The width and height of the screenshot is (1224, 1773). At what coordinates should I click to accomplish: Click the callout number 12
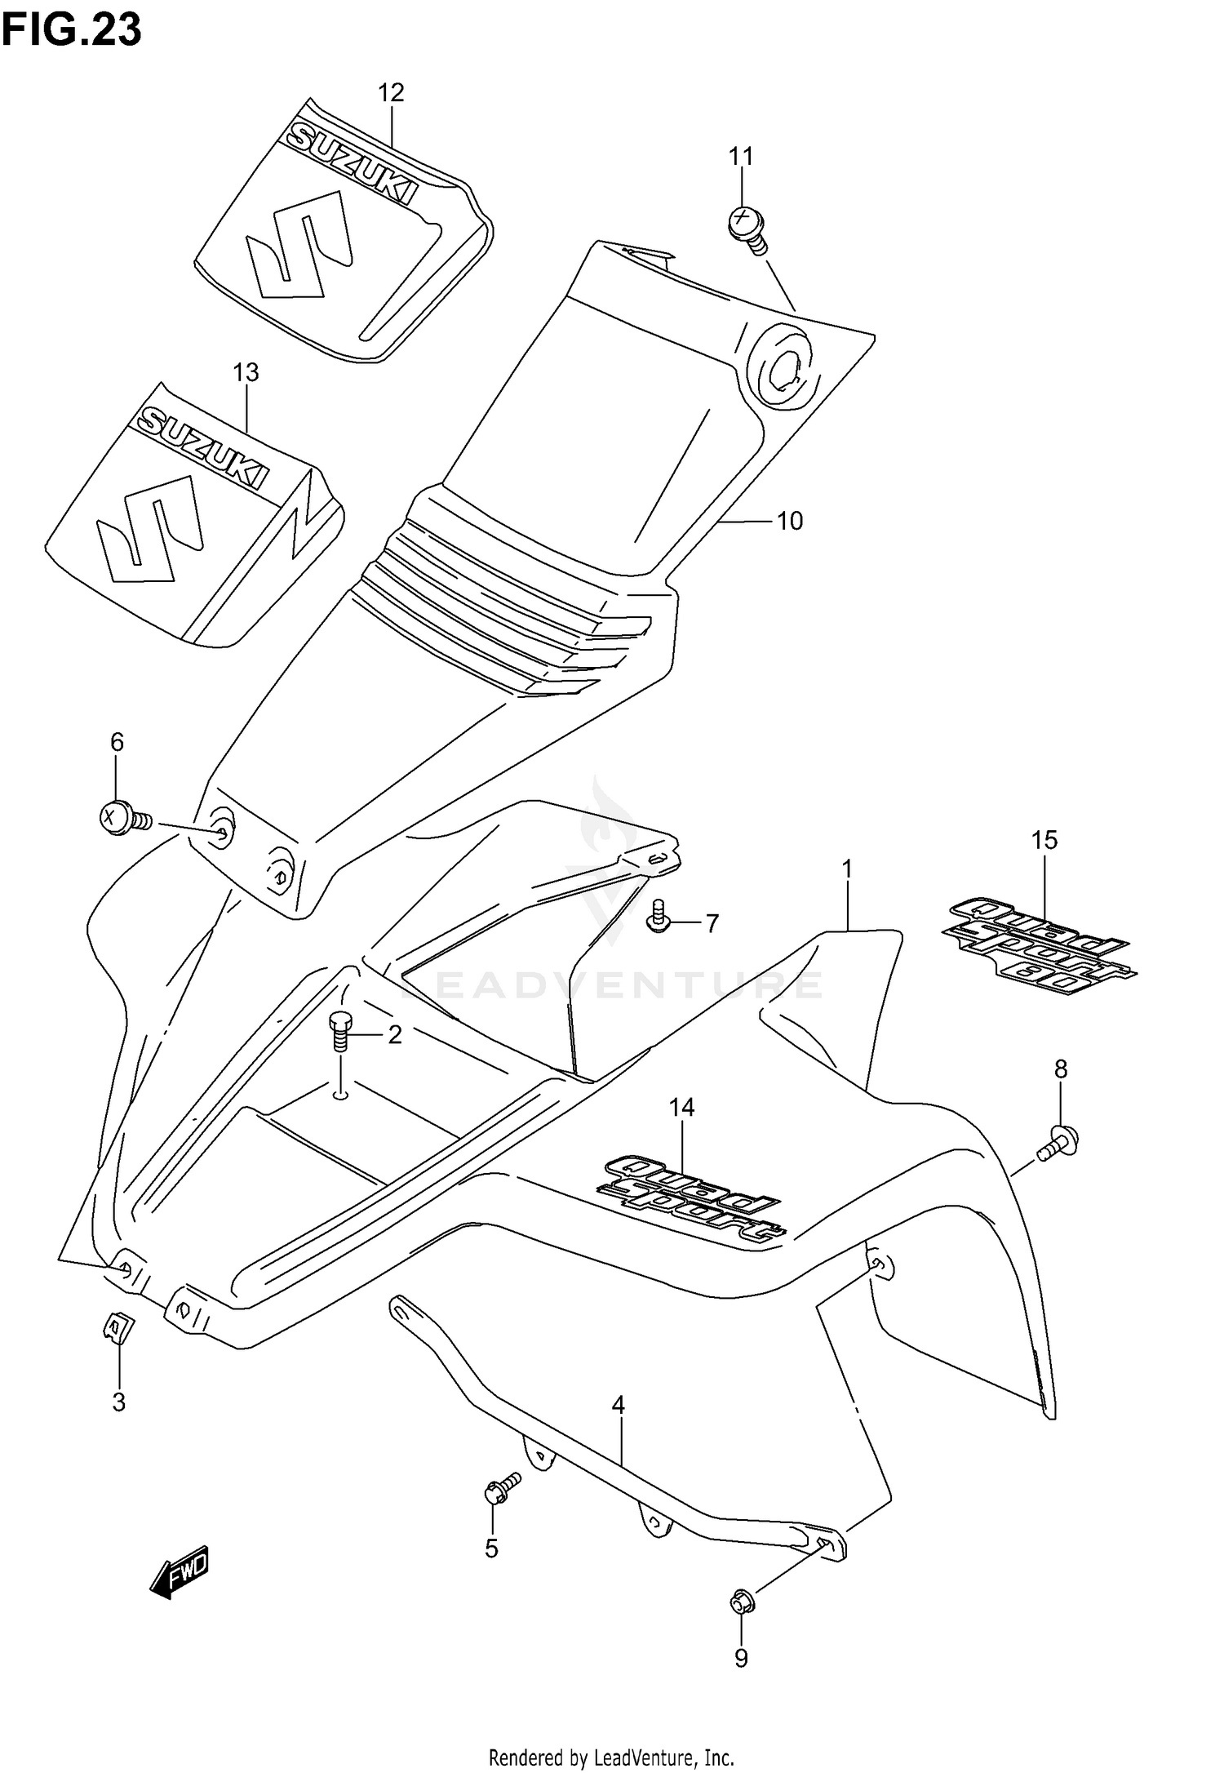[391, 93]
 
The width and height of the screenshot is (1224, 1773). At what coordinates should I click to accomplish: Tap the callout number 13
[246, 373]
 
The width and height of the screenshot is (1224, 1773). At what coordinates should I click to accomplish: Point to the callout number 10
[789, 521]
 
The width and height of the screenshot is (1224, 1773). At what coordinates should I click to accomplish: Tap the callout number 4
[618, 1406]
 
